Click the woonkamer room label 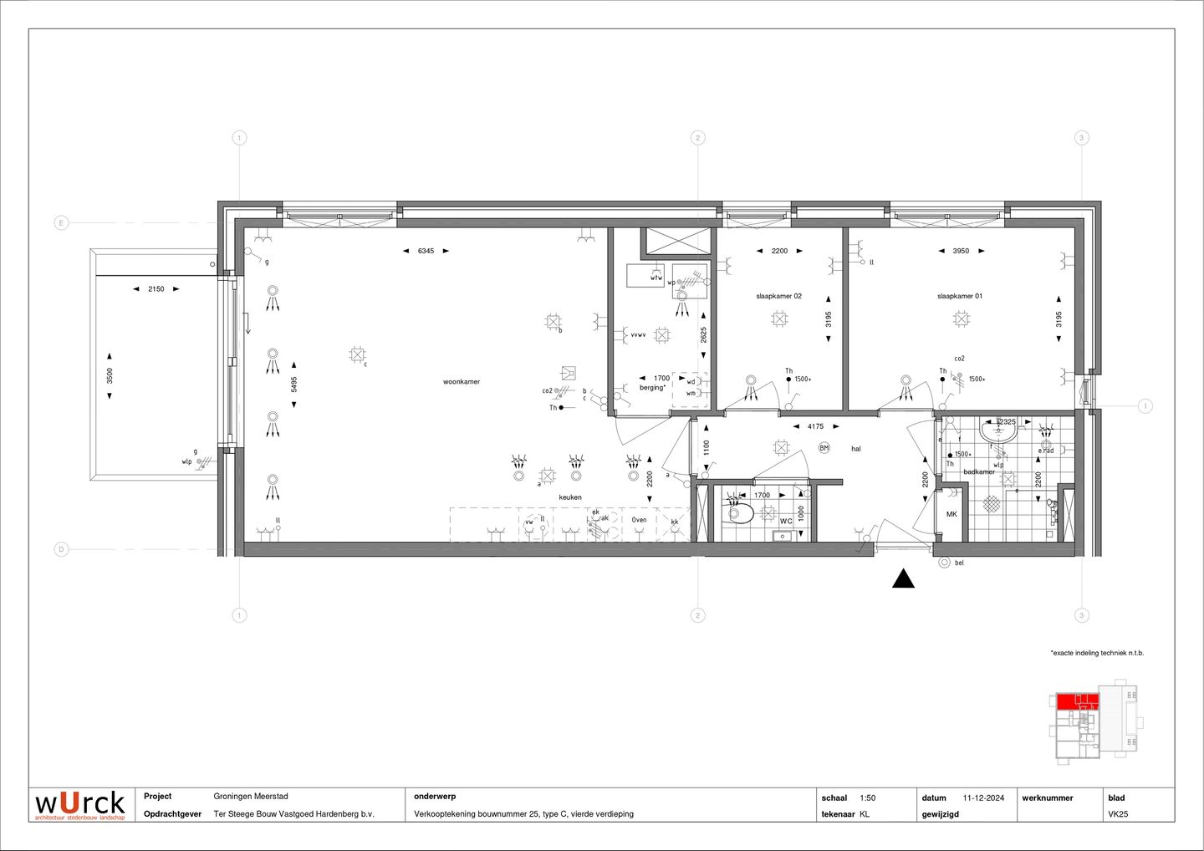[x=462, y=382]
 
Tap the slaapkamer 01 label [x=960, y=296]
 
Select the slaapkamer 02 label [x=778, y=296]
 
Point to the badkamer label [x=979, y=472]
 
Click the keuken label [x=570, y=497]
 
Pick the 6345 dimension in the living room [x=426, y=251]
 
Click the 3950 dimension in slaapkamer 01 [x=961, y=251]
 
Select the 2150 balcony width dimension [x=156, y=289]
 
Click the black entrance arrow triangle [x=903, y=578]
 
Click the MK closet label [x=951, y=514]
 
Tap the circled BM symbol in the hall [x=824, y=448]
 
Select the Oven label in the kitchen [x=639, y=520]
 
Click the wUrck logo [x=80, y=804]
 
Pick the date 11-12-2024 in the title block [x=983, y=797]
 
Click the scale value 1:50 [x=867, y=797]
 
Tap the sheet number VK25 [x=1118, y=814]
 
